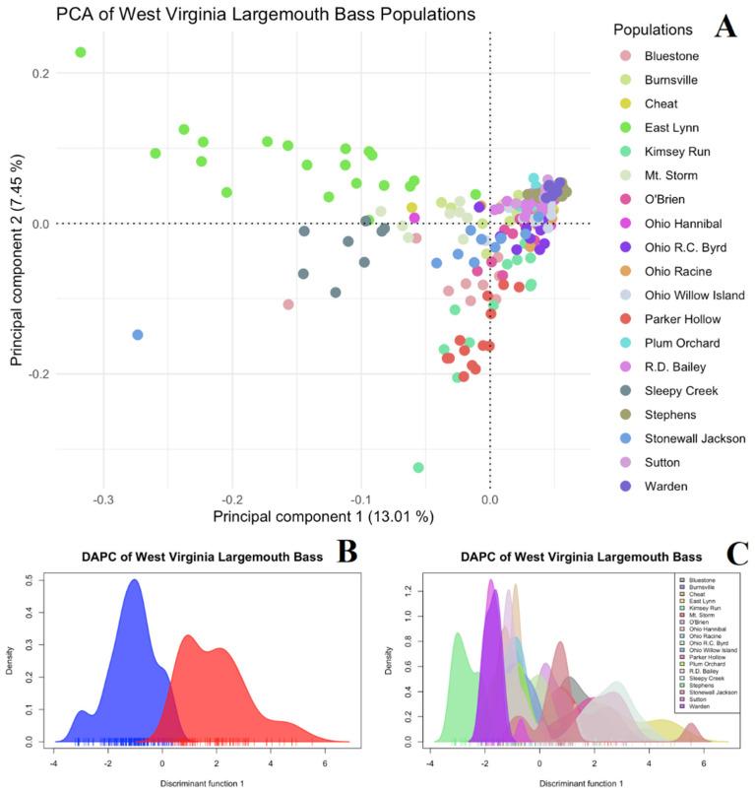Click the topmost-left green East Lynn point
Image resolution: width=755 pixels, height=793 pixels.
81,52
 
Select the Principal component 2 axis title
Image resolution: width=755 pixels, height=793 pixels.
17,256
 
